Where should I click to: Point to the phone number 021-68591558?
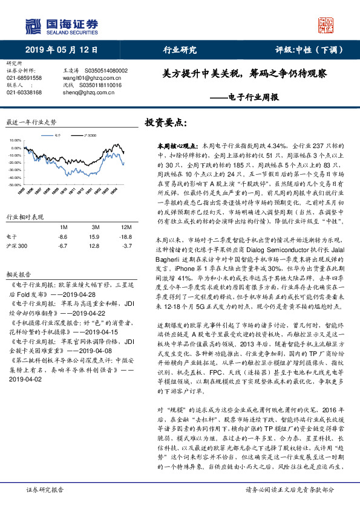[x=24, y=78]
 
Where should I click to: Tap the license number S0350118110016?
[x=103, y=85]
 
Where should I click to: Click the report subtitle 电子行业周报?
[x=244, y=97]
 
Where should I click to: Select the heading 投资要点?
[x=165, y=123]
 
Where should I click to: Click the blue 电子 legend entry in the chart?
[x=55, y=136]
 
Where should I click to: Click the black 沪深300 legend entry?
[x=89, y=136]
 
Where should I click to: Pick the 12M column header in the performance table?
[x=125, y=227]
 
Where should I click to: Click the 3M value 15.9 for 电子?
[x=94, y=237]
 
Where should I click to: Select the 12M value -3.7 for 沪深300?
[x=126, y=246]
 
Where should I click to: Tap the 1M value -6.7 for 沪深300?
[x=61, y=246]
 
